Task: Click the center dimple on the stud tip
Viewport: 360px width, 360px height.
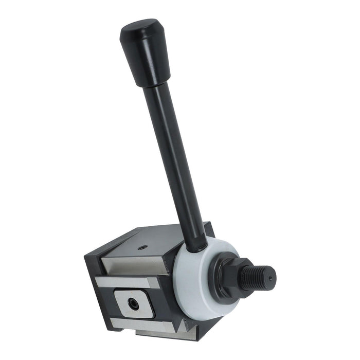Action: click(270, 277)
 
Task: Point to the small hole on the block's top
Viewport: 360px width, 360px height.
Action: click(143, 248)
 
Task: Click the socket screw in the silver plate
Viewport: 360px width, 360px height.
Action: click(134, 304)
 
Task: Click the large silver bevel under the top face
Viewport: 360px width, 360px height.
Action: click(136, 265)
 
